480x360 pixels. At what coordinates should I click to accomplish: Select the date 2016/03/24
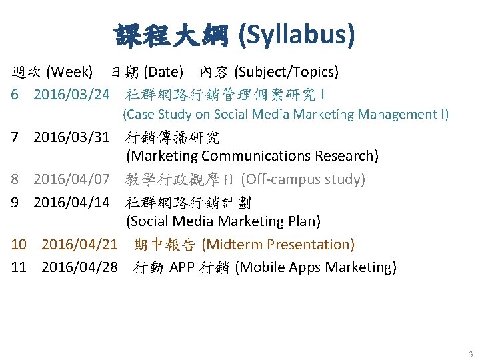(x=71, y=93)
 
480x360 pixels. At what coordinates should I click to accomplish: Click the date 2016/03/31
(x=71, y=138)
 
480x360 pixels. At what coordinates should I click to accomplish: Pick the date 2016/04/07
(x=71, y=179)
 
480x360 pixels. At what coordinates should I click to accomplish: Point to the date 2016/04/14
(x=71, y=201)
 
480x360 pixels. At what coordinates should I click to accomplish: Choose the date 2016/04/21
(x=79, y=245)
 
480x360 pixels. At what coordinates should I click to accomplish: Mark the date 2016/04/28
(x=79, y=267)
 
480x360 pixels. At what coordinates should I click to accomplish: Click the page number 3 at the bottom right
(x=470, y=354)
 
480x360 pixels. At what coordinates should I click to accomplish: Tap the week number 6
(x=15, y=93)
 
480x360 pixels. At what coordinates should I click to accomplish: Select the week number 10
(x=19, y=245)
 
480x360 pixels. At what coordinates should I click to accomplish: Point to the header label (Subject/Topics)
(x=286, y=71)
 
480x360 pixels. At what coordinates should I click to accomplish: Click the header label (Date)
(x=163, y=71)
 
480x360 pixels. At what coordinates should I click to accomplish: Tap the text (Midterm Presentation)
(x=277, y=245)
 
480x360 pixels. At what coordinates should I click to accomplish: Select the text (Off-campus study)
(x=303, y=179)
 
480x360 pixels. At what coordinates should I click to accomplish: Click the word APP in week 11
(x=183, y=267)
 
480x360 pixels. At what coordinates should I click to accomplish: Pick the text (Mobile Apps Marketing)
(x=316, y=267)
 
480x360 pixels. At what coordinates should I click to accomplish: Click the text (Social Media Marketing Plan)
(x=223, y=221)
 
